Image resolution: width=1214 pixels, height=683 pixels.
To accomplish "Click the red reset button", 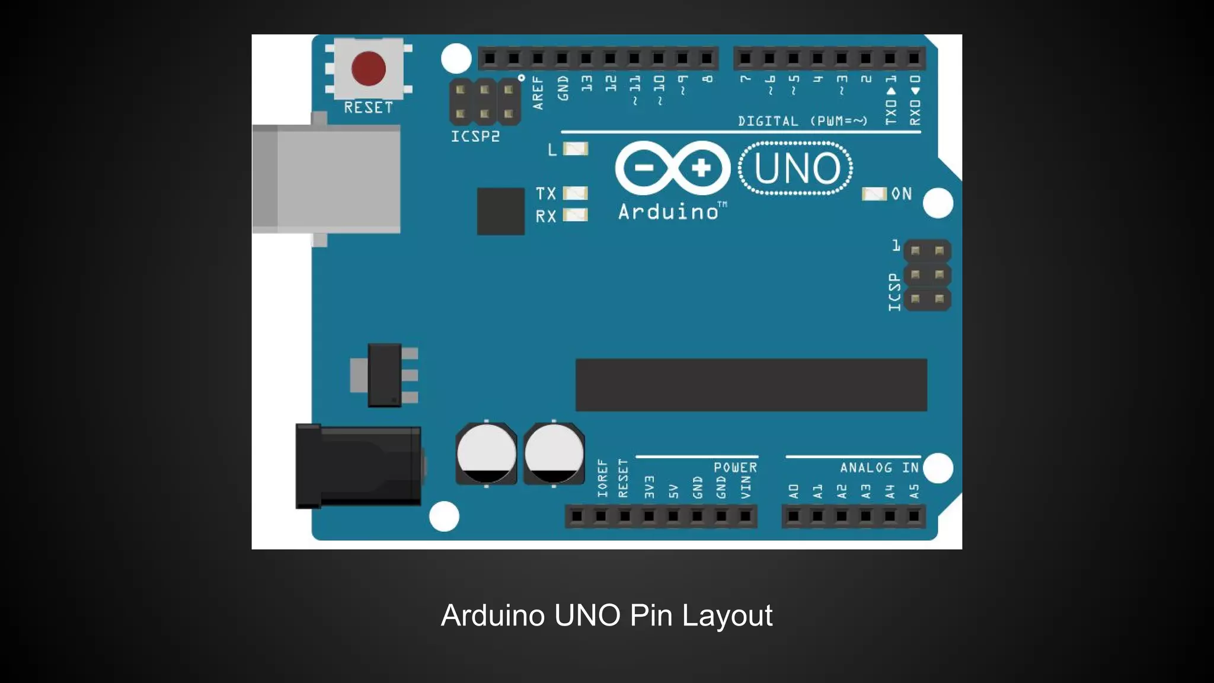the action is (x=368, y=68).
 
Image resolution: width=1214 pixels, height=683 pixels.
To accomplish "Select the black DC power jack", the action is (x=358, y=467).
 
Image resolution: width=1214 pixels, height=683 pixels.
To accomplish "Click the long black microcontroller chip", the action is (x=751, y=384).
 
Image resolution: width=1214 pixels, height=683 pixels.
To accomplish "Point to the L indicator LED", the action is (x=575, y=148).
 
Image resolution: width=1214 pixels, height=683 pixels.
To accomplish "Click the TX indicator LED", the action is (x=575, y=193).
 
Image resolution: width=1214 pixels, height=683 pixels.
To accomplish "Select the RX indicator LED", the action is (x=575, y=215).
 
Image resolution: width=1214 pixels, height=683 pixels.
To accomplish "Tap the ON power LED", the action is (x=874, y=194).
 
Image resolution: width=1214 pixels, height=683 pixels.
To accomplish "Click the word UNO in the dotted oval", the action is (x=796, y=168).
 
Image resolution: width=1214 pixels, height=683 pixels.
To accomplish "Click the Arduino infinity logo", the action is (x=672, y=168).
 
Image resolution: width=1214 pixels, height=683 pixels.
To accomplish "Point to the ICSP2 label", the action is (x=475, y=136).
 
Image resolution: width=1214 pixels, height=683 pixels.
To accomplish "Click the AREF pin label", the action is (x=538, y=92).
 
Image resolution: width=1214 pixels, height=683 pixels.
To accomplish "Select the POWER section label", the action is (x=735, y=468).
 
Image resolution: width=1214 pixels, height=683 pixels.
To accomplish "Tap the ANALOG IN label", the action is (x=879, y=468).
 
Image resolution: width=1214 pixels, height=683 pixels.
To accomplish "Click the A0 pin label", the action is (x=794, y=491).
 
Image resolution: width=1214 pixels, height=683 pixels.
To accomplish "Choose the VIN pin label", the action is (x=746, y=487).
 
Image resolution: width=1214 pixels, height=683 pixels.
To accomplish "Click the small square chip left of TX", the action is (x=500, y=211).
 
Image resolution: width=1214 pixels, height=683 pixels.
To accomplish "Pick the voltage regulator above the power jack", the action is (x=385, y=375).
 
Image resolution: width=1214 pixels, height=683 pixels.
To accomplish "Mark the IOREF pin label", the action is (x=602, y=478).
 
